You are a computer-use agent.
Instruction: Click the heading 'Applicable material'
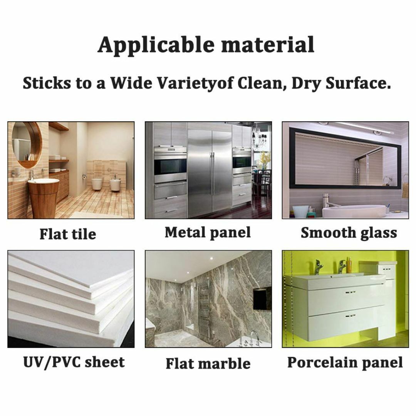click(206, 45)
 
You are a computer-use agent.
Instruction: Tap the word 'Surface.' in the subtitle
click(358, 83)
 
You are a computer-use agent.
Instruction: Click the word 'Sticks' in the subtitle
click(47, 83)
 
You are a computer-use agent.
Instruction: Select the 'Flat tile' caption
click(68, 234)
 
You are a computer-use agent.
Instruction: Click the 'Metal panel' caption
click(208, 233)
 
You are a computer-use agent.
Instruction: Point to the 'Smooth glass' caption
click(349, 233)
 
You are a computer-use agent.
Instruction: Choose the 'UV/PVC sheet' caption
click(74, 362)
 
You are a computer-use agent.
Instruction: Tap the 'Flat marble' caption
click(208, 364)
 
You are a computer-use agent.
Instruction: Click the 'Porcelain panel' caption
click(345, 362)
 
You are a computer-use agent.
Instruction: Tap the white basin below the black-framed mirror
click(354, 211)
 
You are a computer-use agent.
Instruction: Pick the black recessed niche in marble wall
click(262, 298)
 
